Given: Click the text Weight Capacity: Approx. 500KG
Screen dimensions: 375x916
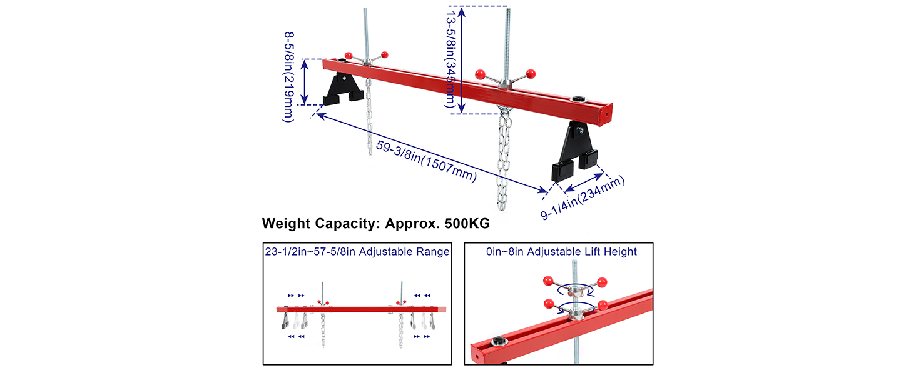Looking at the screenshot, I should click(375, 223).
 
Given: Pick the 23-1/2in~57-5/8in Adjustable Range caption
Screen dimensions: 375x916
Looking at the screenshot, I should click(357, 252).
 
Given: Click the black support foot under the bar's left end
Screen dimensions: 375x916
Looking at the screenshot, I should click(342, 89).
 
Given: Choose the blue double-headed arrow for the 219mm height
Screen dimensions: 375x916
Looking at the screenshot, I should click(305, 81).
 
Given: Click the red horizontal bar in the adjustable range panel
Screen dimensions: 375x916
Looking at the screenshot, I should click(362, 309).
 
